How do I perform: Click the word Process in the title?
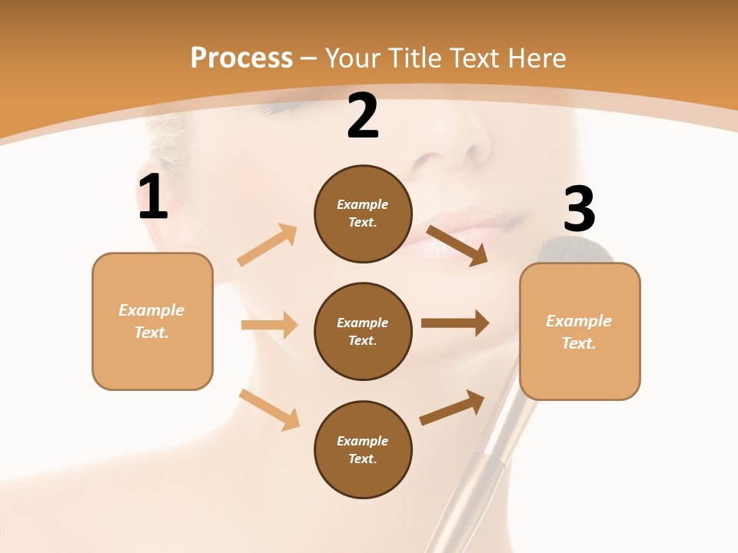click(x=241, y=58)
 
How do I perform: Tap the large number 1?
click(x=153, y=197)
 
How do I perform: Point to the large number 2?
click(x=363, y=116)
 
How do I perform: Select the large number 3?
click(x=579, y=209)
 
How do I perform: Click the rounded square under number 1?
click(x=152, y=321)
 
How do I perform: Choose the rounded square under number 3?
click(x=580, y=331)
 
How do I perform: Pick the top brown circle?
click(x=363, y=214)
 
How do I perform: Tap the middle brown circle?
click(x=363, y=331)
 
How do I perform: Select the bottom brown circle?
click(x=363, y=449)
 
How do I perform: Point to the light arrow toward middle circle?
click(x=269, y=325)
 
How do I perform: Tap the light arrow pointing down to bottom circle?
click(x=270, y=409)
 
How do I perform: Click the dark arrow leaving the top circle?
click(x=457, y=245)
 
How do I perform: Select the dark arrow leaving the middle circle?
click(x=455, y=323)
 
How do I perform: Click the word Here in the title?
click(x=537, y=58)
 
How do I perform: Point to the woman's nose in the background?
click(x=454, y=150)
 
